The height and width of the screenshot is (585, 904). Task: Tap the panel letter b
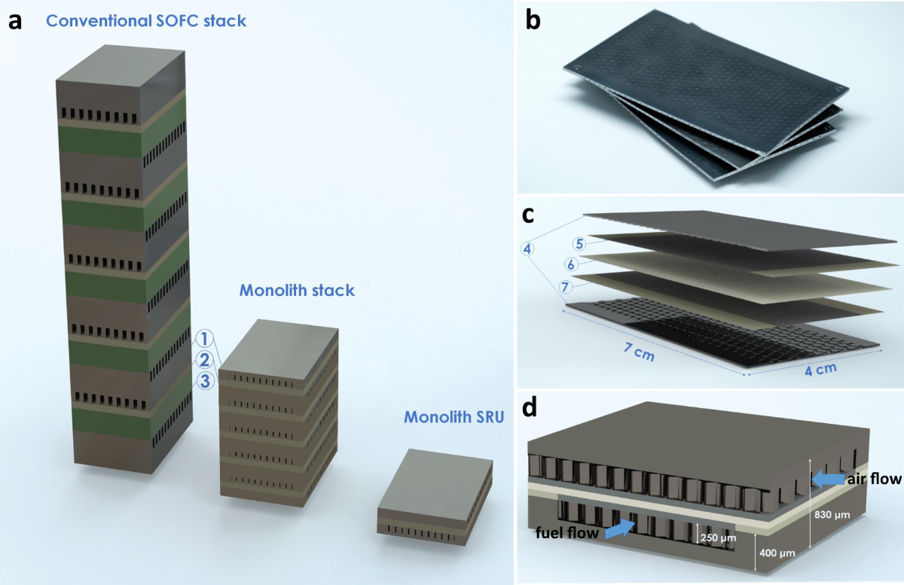click(533, 21)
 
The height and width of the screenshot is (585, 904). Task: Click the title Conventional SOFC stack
click(146, 20)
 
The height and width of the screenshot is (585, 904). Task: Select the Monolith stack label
click(297, 290)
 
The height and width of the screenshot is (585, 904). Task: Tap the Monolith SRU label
click(453, 416)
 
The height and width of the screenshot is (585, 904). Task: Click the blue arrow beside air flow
click(827, 477)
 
